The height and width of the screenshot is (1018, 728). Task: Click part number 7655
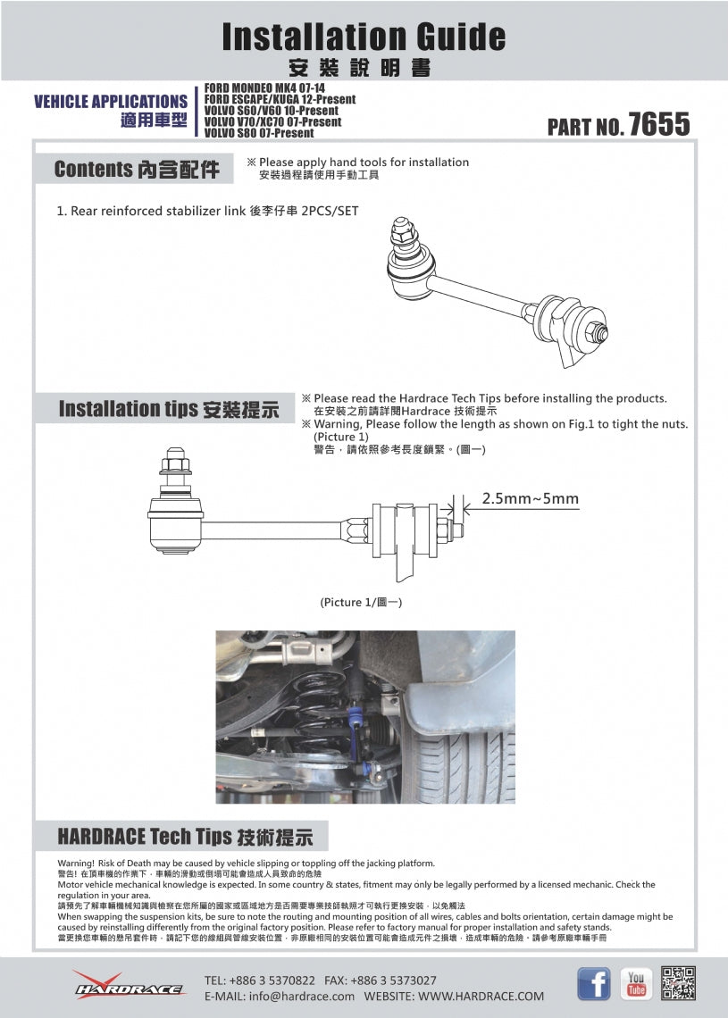[x=658, y=124]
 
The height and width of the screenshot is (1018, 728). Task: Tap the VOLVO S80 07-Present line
[x=259, y=133]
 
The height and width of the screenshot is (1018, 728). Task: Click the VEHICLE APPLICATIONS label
[x=111, y=102]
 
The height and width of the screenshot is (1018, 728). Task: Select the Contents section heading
[x=136, y=170]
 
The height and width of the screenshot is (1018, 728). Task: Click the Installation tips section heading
[x=168, y=409]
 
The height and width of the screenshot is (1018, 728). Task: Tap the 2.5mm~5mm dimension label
[x=530, y=498]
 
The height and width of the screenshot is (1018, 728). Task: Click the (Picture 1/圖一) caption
[x=361, y=603]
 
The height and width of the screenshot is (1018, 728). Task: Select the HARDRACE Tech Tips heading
[x=185, y=837]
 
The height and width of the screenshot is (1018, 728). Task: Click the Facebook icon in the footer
[x=593, y=983]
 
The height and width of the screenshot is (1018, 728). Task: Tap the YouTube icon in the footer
[x=636, y=983]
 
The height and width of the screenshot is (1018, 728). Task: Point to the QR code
[x=679, y=983]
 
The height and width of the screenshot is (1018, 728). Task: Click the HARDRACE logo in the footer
[x=129, y=985]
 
